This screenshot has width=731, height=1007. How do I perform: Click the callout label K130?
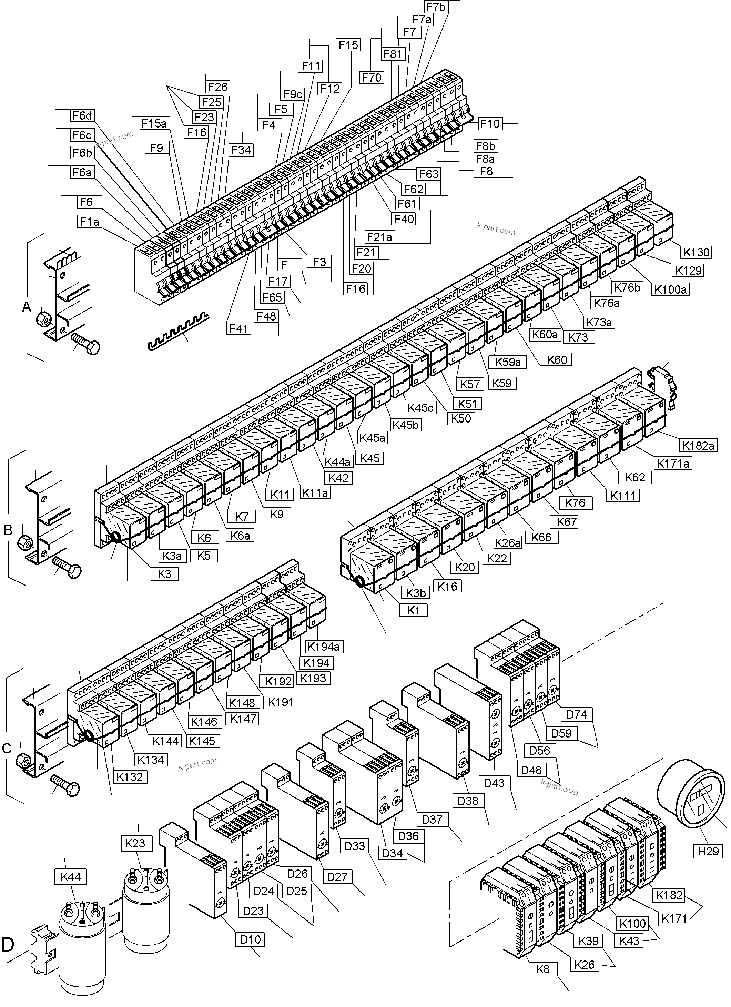[696, 252]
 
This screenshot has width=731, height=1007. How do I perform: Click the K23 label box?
[135, 843]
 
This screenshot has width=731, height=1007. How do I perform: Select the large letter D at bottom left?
[8, 944]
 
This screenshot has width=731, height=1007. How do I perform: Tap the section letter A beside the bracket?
[27, 306]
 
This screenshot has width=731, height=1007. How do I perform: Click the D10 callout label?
[251, 939]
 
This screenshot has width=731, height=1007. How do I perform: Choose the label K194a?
[323, 647]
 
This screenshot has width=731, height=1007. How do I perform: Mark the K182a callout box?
[698, 445]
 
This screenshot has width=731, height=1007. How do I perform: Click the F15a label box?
[154, 123]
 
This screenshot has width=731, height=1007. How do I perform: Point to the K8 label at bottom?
[543, 969]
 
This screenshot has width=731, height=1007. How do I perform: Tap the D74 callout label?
[577, 714]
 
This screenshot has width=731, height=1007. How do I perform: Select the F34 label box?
[241, 150]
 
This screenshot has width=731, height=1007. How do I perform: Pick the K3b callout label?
[416, 593]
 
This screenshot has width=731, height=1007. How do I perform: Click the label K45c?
[420, 408]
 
